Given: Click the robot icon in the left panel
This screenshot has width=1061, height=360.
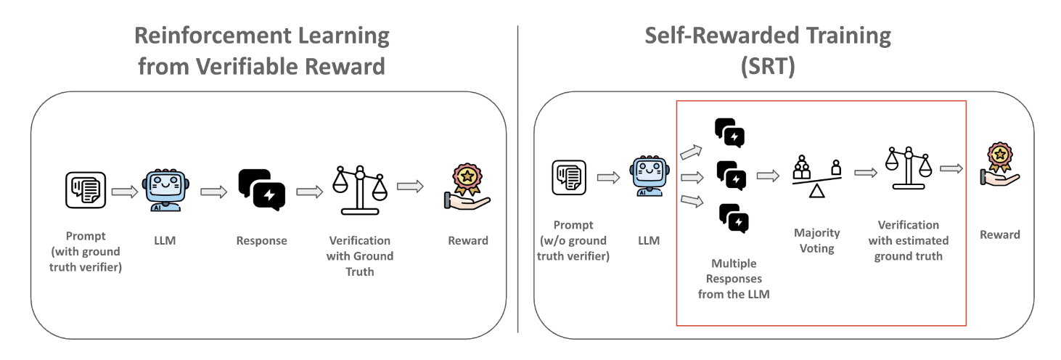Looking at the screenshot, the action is pos(165,190).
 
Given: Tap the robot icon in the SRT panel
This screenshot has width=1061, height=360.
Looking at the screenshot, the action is pos(650,176).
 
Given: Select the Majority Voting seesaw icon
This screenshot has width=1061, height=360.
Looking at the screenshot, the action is pos(817,176).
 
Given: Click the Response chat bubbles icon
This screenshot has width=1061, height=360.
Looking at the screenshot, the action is pos(262,189).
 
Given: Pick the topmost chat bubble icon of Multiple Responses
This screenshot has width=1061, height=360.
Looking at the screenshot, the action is pos(729,133).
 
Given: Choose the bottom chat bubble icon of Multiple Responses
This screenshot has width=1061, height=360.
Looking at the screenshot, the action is pos(734,218).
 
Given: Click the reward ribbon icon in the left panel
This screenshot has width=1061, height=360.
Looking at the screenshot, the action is pos(467,187).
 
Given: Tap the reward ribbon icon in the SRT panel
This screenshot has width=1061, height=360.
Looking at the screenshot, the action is pos(999,164).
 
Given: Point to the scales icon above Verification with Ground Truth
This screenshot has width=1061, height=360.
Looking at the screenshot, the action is pos(360,190).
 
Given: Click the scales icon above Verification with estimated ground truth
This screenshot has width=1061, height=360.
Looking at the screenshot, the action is pos(909,168).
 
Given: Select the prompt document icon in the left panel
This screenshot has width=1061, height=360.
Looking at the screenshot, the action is pos(86,190).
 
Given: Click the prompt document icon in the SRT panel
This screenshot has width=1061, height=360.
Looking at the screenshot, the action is pos(569,178).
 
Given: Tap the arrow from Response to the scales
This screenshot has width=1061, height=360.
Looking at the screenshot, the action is pos(310,192).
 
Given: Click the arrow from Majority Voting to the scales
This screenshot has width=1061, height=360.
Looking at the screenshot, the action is pos(866,173).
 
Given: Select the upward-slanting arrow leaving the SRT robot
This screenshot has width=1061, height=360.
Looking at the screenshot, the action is pos(692,152).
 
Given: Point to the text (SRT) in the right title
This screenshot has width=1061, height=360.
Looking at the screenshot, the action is pos(768,66).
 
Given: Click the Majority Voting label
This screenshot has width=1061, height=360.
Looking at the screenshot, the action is pos(817,241).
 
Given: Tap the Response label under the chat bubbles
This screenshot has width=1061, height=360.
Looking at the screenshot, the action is pos(262,241).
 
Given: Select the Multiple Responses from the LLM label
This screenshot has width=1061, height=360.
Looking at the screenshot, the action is pos(734,279).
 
